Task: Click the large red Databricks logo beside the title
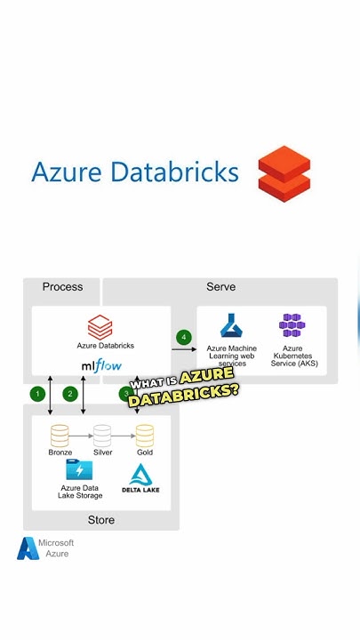tap(284, 174)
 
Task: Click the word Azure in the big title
tap(67, 172)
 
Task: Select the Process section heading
tap(62, 287)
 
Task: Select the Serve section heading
tap(220, 287)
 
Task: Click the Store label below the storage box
tap(101, 519)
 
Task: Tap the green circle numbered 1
tap(37, 393)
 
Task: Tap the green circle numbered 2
tap(71, 393)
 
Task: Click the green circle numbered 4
tap(184, 337)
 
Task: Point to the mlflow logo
tap(101, 365)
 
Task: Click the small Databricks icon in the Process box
tap(100, 326)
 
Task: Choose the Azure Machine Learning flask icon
tap(232, 326)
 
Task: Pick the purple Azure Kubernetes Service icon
tap(292, 326)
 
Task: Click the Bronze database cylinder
tap(60, 435)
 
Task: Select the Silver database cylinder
tap(103, 435)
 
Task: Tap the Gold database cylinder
tap(145, 435)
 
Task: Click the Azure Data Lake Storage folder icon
tap(80, 470)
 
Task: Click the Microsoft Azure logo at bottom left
tap(28, 548)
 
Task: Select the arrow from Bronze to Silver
tap(82, 436)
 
